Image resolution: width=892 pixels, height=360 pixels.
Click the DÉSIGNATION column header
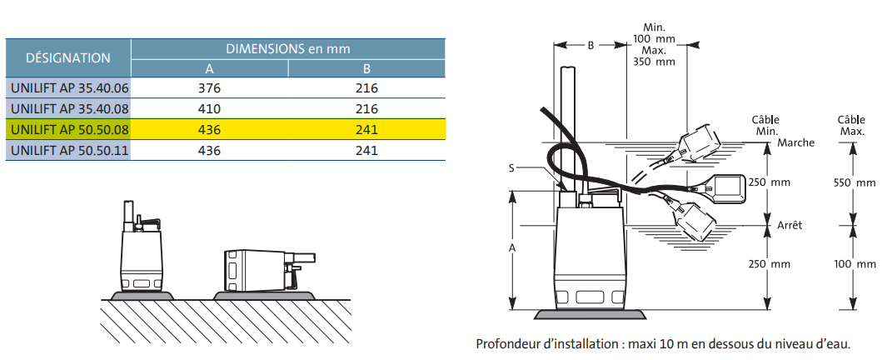tap(68, 57)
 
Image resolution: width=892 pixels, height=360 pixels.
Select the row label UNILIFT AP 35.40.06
tap(68, 87)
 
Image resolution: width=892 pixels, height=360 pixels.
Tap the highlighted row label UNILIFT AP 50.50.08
tap(68, 129)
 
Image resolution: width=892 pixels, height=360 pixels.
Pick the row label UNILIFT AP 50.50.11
tap(68, 150)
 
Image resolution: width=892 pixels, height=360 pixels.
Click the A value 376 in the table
tap(210, 87)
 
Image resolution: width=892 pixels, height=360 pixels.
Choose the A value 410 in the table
tap(210, 108)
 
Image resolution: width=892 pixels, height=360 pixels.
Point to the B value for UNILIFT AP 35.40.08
tap(366, 108)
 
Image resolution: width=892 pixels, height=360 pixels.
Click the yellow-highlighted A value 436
tap(210, 129)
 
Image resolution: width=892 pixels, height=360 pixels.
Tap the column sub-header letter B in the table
tap(366, 68)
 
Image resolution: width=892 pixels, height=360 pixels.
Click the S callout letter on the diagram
tap(510, 167)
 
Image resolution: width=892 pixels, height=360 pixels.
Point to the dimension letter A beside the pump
tap(511, 248)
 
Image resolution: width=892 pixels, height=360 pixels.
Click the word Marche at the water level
tap(795, 142)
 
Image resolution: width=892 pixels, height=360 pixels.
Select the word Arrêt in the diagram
tap(791, 225)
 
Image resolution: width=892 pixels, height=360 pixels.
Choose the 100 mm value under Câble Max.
tap(855, 264)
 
